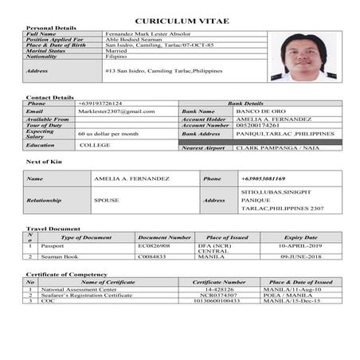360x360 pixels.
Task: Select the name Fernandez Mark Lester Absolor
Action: click(147, 33)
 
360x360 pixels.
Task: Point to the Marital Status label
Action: click(50, 52)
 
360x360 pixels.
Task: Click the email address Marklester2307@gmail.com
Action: click(116, 111)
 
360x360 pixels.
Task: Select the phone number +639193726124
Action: click(100, 104)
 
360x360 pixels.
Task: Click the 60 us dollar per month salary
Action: click(108, 134)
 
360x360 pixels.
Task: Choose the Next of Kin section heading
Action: click(44, 162)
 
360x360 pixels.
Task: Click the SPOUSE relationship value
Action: click(107, 201)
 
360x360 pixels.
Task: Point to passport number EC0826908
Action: click(154, 247)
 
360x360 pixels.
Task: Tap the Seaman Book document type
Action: click(61, 257)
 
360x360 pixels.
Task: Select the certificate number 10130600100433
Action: click(218, 301)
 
